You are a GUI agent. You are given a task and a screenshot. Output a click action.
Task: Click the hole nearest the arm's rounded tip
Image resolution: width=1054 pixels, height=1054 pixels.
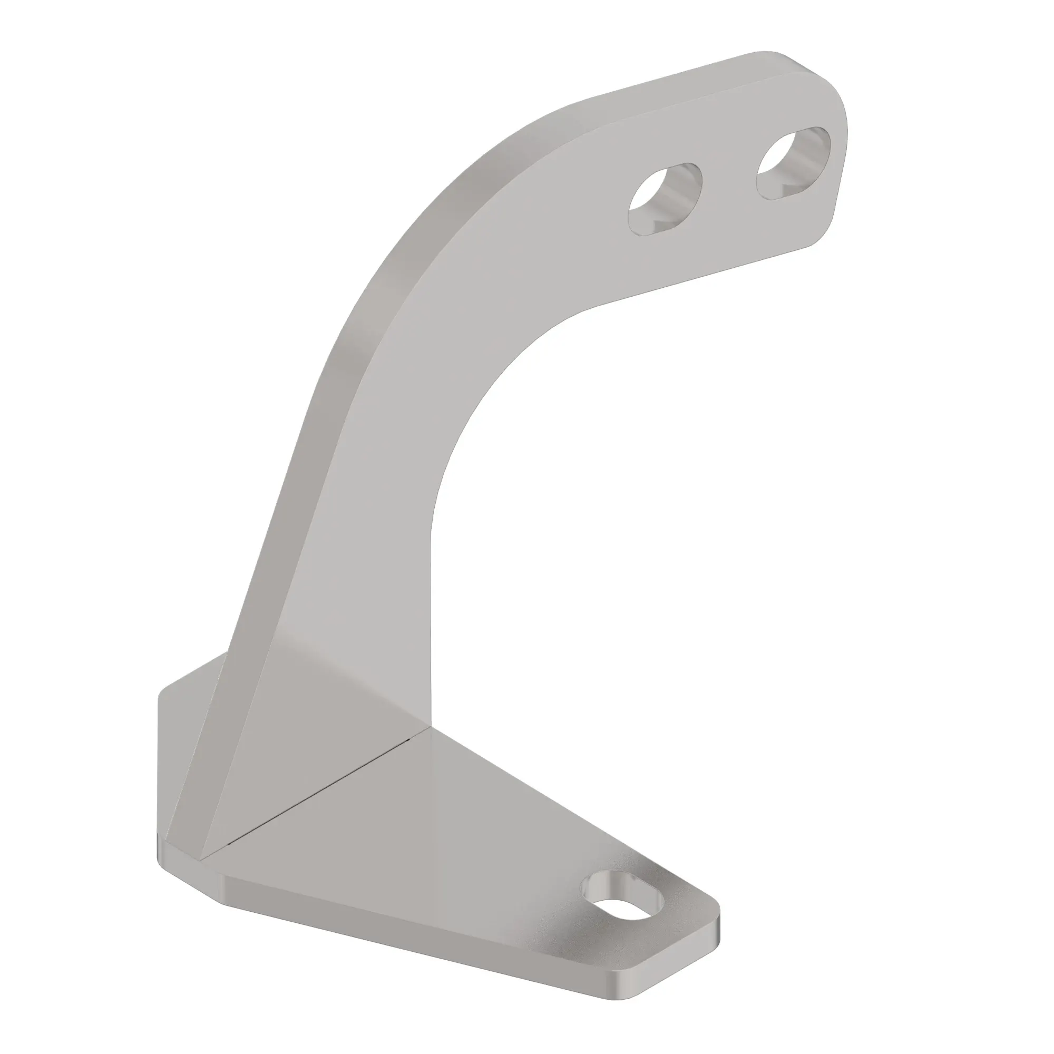click(793, 164)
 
